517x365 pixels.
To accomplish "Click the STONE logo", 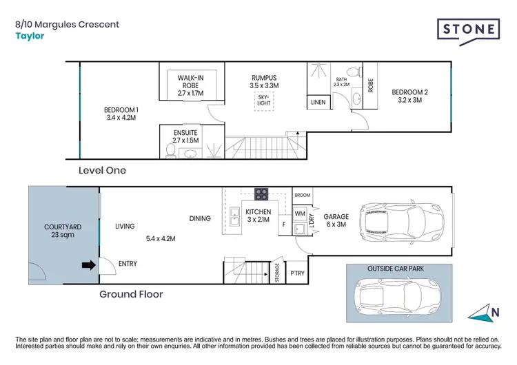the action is tap(468, 31).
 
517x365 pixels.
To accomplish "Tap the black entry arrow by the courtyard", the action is tap(89, 265).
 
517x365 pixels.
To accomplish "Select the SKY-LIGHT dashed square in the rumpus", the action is tap(264, 101).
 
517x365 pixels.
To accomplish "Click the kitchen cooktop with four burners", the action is tap(261, 194).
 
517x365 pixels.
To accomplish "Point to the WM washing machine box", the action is tap(300, 213).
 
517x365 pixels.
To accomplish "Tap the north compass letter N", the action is tap(495, 312).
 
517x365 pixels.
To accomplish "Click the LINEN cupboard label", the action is tap(318, 103).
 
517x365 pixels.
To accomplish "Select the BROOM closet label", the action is tap(303, 195).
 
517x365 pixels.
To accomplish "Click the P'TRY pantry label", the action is tap(297, 273).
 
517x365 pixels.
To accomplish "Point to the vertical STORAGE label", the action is tap(277, 273).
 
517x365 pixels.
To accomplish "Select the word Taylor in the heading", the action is tap(30, 36).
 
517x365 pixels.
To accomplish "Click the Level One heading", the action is tap(102, 170).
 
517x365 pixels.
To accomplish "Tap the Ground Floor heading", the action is tap(131, 294).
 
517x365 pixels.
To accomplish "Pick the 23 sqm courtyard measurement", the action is tap(63, 235).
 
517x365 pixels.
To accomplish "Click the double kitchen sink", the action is tap(234, 216).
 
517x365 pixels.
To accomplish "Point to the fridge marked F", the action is tap(285, 225).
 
